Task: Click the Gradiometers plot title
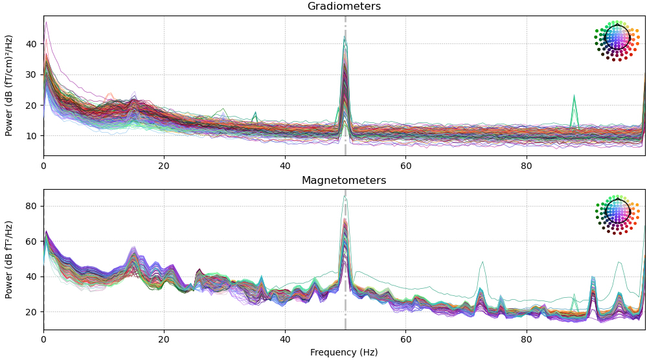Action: coord(344,6)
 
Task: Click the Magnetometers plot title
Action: coord(344,181)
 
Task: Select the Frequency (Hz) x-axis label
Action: coord(344,353)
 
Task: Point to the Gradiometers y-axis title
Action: coord(10,85)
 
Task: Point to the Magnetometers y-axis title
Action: coord(10,259)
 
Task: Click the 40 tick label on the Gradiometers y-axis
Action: coord(30,44)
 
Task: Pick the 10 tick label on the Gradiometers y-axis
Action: coord(30,136)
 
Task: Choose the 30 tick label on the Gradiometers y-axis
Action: coord(30,74)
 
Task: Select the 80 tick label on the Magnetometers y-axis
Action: coord(30,206)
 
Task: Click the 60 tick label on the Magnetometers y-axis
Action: coord(30,242)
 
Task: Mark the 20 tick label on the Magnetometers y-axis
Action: coord(30,312)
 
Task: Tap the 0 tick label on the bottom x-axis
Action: coord(43,339)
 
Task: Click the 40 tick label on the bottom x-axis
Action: coord(285,339)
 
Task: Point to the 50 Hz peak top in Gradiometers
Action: coord(345,38)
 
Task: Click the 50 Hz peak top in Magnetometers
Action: coord(345,196)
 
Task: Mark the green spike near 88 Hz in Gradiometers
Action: coord(574,96)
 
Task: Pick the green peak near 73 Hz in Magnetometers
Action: coord(482,262)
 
